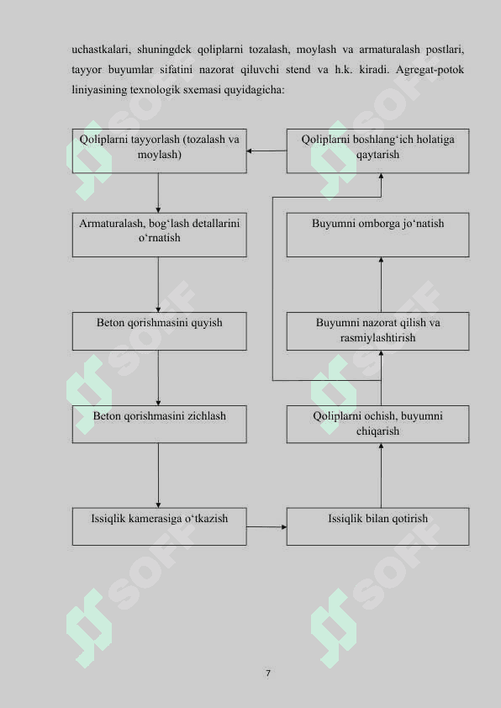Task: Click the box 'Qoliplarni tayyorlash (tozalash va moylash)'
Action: click(x=160, y=151)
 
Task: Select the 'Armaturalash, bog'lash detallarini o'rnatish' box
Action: click(x=160, y=235)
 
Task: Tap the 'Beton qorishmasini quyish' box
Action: click(x=160, y=331)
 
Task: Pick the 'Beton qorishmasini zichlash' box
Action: click(x=160, y=424)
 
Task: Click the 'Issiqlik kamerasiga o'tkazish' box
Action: click(x=160, y=526)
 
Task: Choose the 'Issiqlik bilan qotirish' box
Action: click(x=377, y=526)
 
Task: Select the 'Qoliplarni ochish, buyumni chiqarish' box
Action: click(x=377, y=424)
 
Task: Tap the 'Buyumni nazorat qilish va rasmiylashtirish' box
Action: click(x=377, y=331)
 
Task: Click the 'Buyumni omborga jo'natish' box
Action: click(x=377, y=235)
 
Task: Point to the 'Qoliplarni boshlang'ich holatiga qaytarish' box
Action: click(x=377, y=151)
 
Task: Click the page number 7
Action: click(x=268, y=674)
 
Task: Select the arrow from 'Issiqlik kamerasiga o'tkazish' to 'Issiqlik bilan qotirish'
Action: click(x=266, y=526)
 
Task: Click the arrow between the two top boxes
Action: click(x=266, y=151)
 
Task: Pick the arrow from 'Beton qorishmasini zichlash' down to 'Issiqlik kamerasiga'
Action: click(x=158, y=475)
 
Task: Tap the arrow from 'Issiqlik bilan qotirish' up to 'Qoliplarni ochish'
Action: click(x=381, y=475)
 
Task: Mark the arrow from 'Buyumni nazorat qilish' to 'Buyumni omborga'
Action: click(x=381, y=284)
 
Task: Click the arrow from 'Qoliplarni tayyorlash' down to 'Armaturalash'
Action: click(x=158, y=193)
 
